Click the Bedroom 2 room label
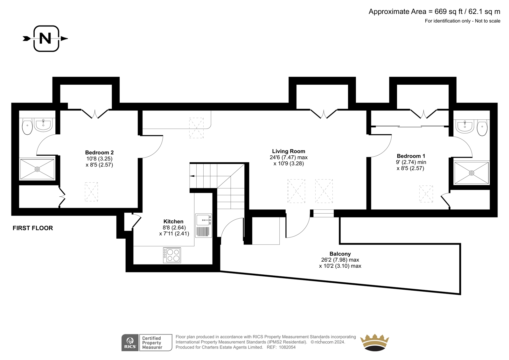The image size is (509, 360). pyautogui.click(x=99, y=152)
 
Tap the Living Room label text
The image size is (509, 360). pyautogui.click(x=289, y=151)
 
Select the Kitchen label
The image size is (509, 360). pyautogui.click(x=173, y=222)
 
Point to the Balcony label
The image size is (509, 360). pyautogui.click(x=340, y=254)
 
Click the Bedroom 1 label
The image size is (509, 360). pyautogui.click(x=411, y=156)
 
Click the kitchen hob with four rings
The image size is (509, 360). pyautogui.click(x=172, y=255)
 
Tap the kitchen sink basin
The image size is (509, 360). pyautogui.click(x=203, y=220)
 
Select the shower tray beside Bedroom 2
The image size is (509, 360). pyautogui.click(x=37, y=169)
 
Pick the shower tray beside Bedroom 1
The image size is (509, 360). pyautogui.click(x=471, y=173)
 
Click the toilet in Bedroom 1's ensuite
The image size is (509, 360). pyautogui.click(x=482, y=129)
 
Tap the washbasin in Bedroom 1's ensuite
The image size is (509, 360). pyautogui.click(x=465, y=126)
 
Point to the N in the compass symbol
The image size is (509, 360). pyautogui.click(x=45, y=39)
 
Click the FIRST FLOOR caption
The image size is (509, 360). pyautogui.click(x=33, y=228)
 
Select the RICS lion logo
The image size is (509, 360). pyautogui.click(x=130, y=342)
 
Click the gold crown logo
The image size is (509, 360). pyautogui.click(x=374, y=342)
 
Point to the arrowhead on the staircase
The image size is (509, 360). pyautogui.click(x=192, y=176)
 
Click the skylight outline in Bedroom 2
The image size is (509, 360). pyautogui.click(x=91, y=192)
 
